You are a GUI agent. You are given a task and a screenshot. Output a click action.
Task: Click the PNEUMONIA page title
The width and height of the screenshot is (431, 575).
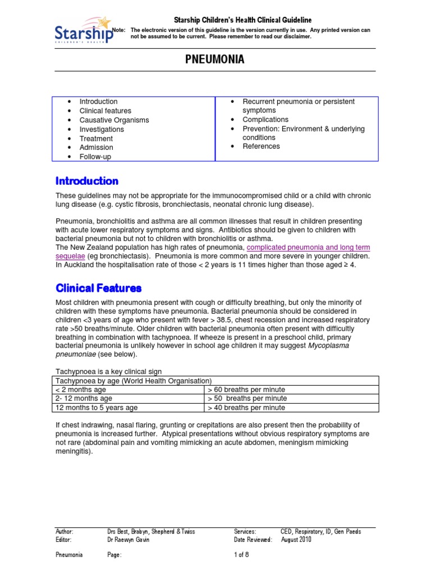point(215,60)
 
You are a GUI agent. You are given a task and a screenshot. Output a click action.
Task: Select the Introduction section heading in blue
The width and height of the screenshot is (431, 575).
point(87,181)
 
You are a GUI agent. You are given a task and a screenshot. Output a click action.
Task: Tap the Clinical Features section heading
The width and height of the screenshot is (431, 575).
point(98,288)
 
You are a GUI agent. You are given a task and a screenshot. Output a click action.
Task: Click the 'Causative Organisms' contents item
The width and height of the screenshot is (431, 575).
point(114,120)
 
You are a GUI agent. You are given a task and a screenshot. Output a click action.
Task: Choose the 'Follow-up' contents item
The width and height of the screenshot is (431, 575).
point(95,157)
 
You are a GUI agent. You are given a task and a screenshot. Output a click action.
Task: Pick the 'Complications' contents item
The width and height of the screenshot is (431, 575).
point(265,120)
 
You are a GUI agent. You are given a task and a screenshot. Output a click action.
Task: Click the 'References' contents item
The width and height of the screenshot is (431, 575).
point(261,147)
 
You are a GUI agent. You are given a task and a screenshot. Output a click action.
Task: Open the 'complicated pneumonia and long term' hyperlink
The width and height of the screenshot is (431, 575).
point(308,248)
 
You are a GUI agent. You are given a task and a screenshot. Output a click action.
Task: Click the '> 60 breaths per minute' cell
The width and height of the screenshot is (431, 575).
point(246,390)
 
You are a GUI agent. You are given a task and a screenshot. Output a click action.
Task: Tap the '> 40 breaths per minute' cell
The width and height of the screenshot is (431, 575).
point(246,408)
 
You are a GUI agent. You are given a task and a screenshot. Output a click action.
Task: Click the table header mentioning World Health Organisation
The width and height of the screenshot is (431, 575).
point(133,381)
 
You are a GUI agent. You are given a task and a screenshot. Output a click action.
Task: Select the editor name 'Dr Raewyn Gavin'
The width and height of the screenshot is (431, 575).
point(132,540)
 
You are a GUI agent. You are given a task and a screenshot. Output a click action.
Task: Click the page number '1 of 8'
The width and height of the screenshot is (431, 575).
point(241,555)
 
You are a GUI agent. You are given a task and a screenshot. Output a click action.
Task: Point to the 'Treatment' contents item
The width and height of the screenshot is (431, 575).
point(96,139)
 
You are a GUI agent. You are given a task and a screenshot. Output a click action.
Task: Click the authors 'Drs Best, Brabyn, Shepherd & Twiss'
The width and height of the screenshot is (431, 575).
point(151,531)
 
